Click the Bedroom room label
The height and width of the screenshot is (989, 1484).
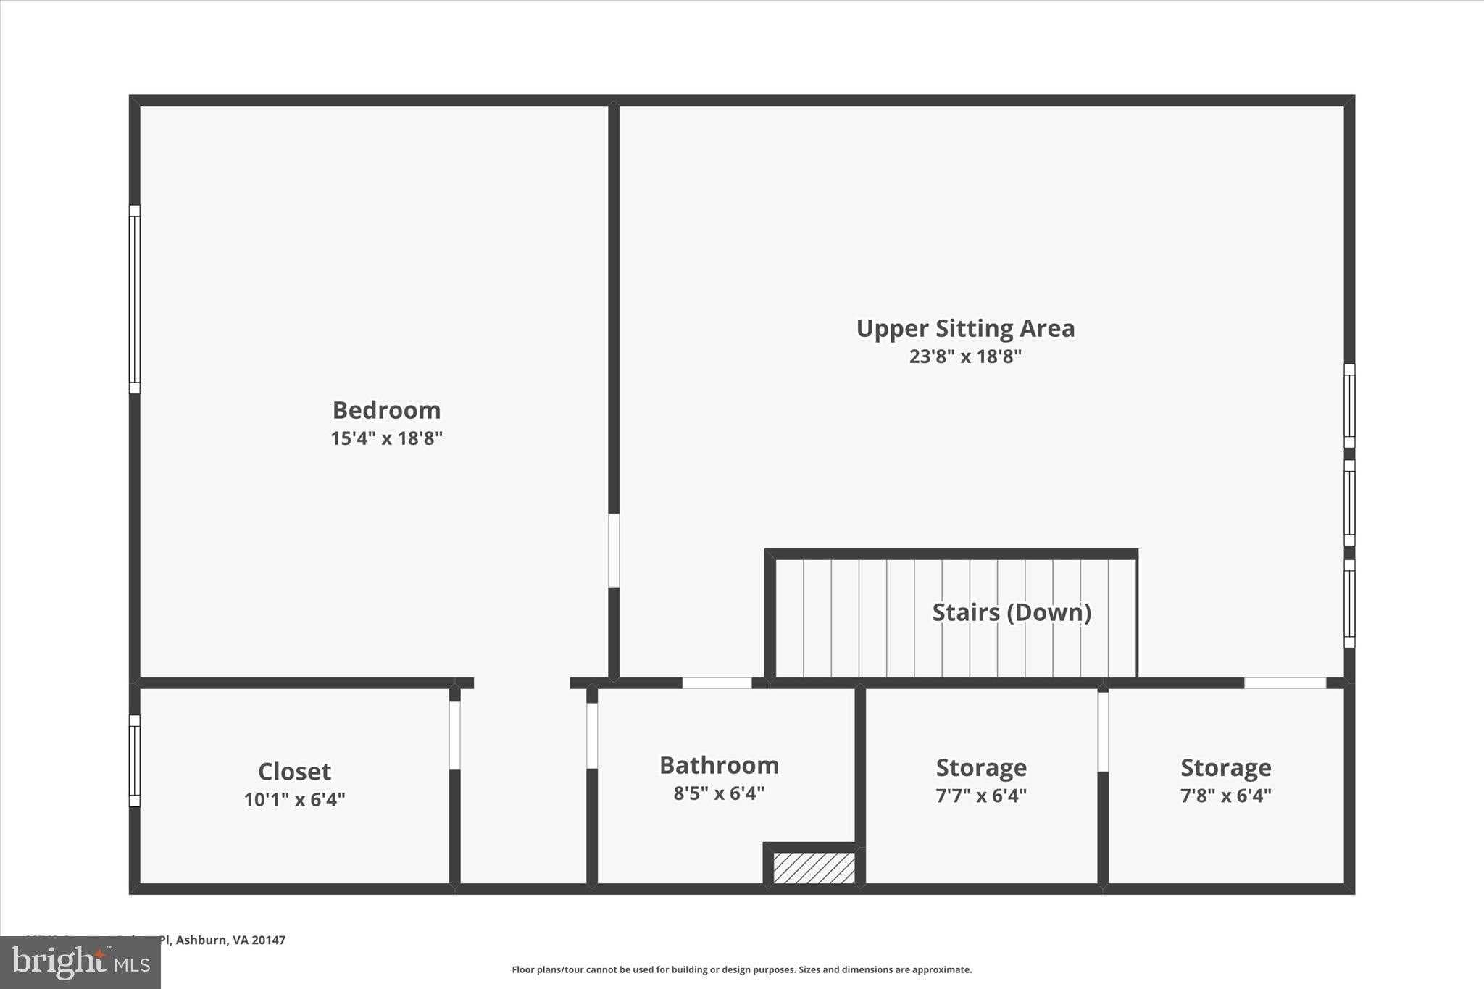(x=386, y=410)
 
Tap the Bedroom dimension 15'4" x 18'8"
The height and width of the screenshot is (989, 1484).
(x=386, y=438)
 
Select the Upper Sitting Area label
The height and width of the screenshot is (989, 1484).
(x=965, y=328)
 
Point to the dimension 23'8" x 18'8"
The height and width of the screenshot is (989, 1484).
(x=965, y=356)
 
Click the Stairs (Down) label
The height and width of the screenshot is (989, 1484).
(x=1012, y=612)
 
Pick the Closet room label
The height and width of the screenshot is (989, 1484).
(x=294, y=771)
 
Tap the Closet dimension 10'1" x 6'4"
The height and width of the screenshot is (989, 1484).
(x=294, y=800)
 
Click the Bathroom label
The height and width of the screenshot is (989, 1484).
(x=719, y=765)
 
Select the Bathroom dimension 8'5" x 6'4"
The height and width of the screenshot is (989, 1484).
(x=719, y=793)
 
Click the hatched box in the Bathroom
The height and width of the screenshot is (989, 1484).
(x=814, y=868)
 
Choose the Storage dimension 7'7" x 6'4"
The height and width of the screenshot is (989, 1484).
(x=981, y=796)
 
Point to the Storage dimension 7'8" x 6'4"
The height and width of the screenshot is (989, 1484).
(x=1225, y=796)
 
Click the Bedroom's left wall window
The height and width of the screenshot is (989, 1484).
(x=135, y=299)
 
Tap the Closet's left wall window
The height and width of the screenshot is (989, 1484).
(x=135, y=760)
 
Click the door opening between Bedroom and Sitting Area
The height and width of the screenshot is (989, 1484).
(x=614, y=551)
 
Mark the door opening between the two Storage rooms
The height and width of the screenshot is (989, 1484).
(x=1103, y=732)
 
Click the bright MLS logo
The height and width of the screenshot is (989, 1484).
(x=80, y=962)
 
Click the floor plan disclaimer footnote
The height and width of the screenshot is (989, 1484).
(x=741, y=969)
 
